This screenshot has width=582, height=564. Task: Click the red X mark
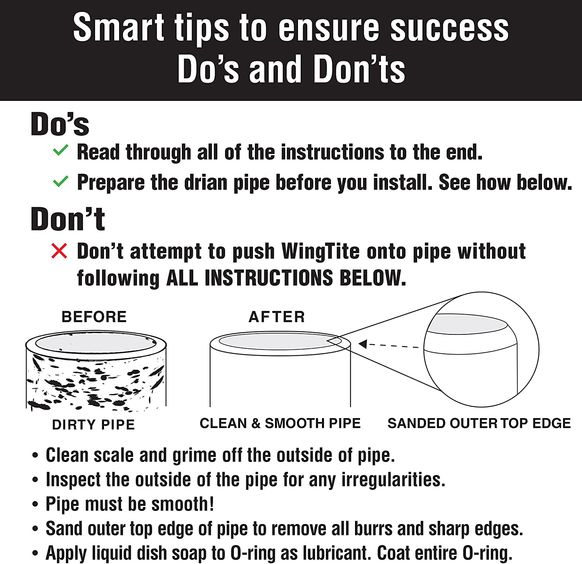[x=59, y=251]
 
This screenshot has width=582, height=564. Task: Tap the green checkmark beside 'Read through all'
[x=61, y=150]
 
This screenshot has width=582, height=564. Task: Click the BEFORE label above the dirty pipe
[x=94, y=317]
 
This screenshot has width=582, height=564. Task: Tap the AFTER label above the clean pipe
[x=277, y=317]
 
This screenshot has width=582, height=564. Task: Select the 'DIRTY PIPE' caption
[x=94, y=425]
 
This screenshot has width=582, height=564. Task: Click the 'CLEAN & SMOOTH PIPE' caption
[x=280, y=423]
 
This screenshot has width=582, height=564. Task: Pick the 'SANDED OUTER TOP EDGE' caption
[x=479, y=423]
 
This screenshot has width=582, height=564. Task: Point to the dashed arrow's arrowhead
[x=363, y=344]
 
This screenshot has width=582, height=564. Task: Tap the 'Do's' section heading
[x=60, y=124]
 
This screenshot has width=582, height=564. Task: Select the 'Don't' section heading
[x=68, y=219]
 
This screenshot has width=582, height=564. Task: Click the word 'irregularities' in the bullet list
[x=393, y=480]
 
